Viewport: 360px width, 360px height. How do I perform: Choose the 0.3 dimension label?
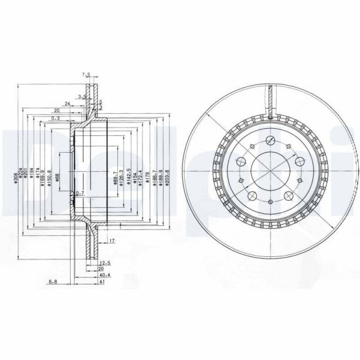click(x=55, y=119)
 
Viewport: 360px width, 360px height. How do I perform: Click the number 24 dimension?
click(x=69, y=104)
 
